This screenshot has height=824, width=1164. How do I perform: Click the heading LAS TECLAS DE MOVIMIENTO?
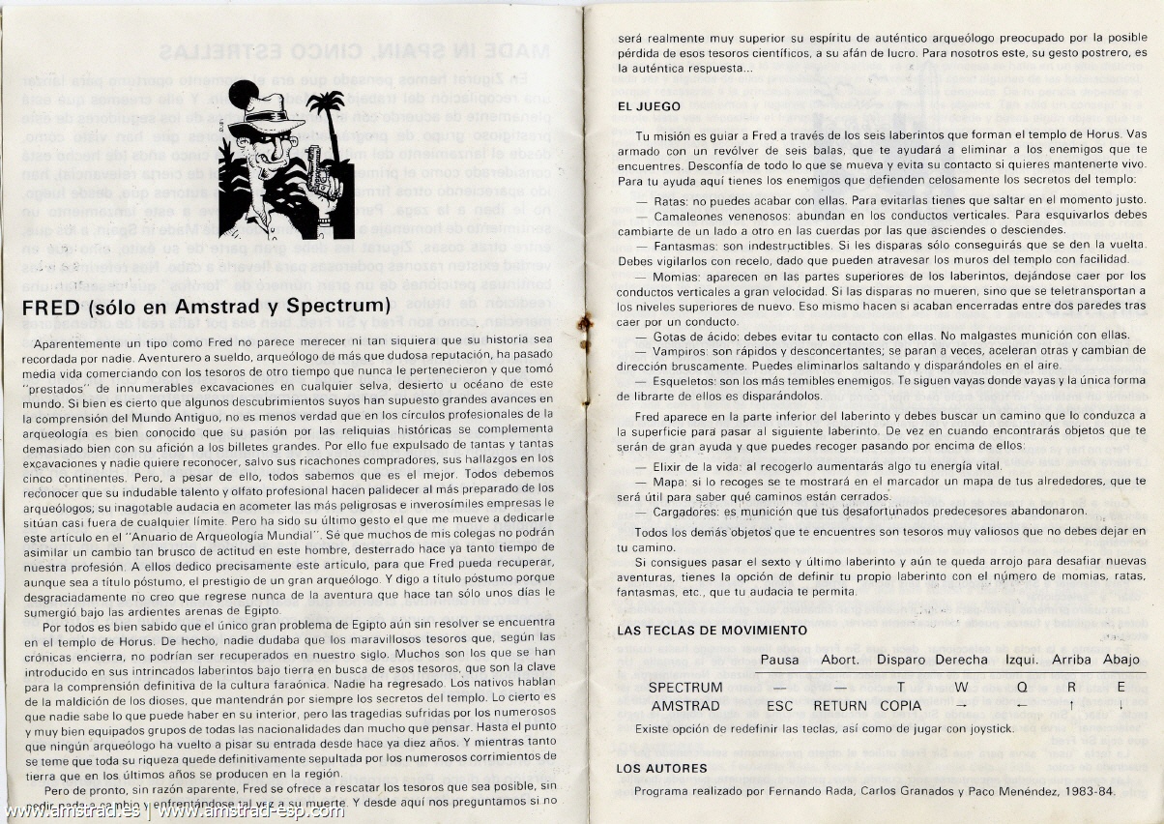[x=698, y=631]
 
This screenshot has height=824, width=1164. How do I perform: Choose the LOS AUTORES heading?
[x=661, y=769]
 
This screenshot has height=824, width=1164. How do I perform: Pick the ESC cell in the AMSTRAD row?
[x=779, y=706]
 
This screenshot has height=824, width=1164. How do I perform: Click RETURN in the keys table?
[x=839, y=706]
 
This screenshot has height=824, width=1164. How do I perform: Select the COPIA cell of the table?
[x=900, y=706]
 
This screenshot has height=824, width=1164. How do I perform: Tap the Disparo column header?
[x=901, y=660]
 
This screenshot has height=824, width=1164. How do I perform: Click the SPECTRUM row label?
[x=685, y=688]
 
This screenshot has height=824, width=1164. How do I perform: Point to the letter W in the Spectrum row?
[x=960, y=688]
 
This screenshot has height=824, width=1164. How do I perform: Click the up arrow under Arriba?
[x=1071, y=706]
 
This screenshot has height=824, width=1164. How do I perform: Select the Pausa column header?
[x=780, y=660]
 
